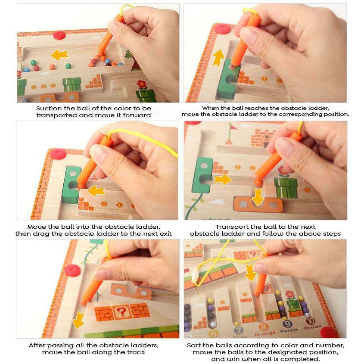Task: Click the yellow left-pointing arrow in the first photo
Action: click(x=59, y=55)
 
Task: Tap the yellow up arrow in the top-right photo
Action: click(x=218, y=58)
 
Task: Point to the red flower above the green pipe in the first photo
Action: click(x=142, y=84)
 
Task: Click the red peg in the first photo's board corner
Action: click(x=59, y=35)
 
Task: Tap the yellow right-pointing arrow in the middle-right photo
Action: click(x=222, y=180)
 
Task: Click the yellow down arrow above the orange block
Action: click(x=258, y=196)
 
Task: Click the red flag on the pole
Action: click(x=234, y=127)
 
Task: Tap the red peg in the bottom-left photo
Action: click(x=73, y=271)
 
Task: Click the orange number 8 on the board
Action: click(x=264, y=327)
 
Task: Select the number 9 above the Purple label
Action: click(x=287, y=324)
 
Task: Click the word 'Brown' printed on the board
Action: click(x=313, y=327)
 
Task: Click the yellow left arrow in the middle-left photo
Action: click(x=96, y=190)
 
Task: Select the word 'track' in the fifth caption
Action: click(x=135, y=352)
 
